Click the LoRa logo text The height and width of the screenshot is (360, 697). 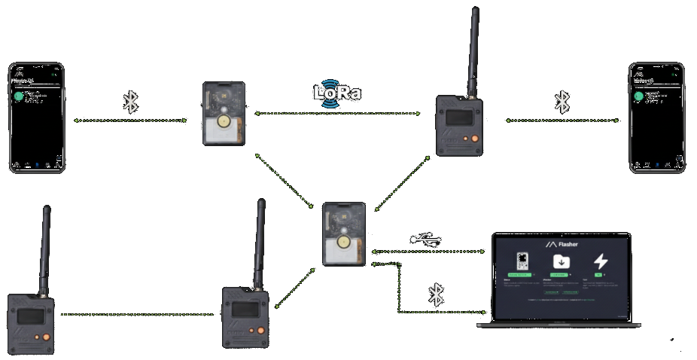point(336,93)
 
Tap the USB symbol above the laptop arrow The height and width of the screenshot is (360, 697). point(426,239)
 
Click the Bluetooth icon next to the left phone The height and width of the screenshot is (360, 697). point(130,102)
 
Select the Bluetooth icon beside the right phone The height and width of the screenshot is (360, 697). point(562,102)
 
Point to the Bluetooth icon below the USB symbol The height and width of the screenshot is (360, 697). point(436,294)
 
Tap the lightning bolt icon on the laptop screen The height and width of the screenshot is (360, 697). point(601,261)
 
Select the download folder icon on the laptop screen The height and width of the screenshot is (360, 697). point(562,261)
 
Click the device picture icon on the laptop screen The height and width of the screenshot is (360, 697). point(522,261)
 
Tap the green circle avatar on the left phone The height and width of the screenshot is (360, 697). point(18,96)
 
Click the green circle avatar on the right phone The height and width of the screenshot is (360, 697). point(638,96)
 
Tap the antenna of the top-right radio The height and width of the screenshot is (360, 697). point(474,49)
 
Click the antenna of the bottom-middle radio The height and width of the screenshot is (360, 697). point(260,241)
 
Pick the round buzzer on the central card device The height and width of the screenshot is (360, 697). point(344,243)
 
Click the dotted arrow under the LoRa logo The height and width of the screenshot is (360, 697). point(336,114)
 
